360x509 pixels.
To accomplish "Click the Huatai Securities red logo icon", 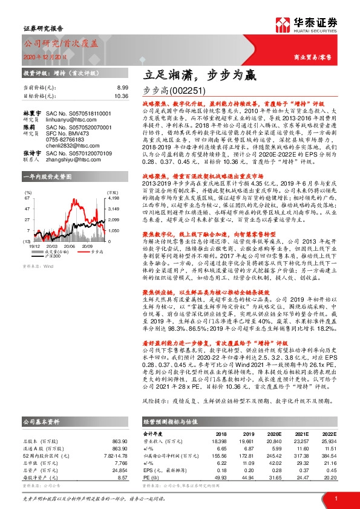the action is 284,26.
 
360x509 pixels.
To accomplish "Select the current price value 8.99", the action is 122,88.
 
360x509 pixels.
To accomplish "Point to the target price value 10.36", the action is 121,96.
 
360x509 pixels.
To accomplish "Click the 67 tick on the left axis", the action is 28,197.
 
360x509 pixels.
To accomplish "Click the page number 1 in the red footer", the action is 335,498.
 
